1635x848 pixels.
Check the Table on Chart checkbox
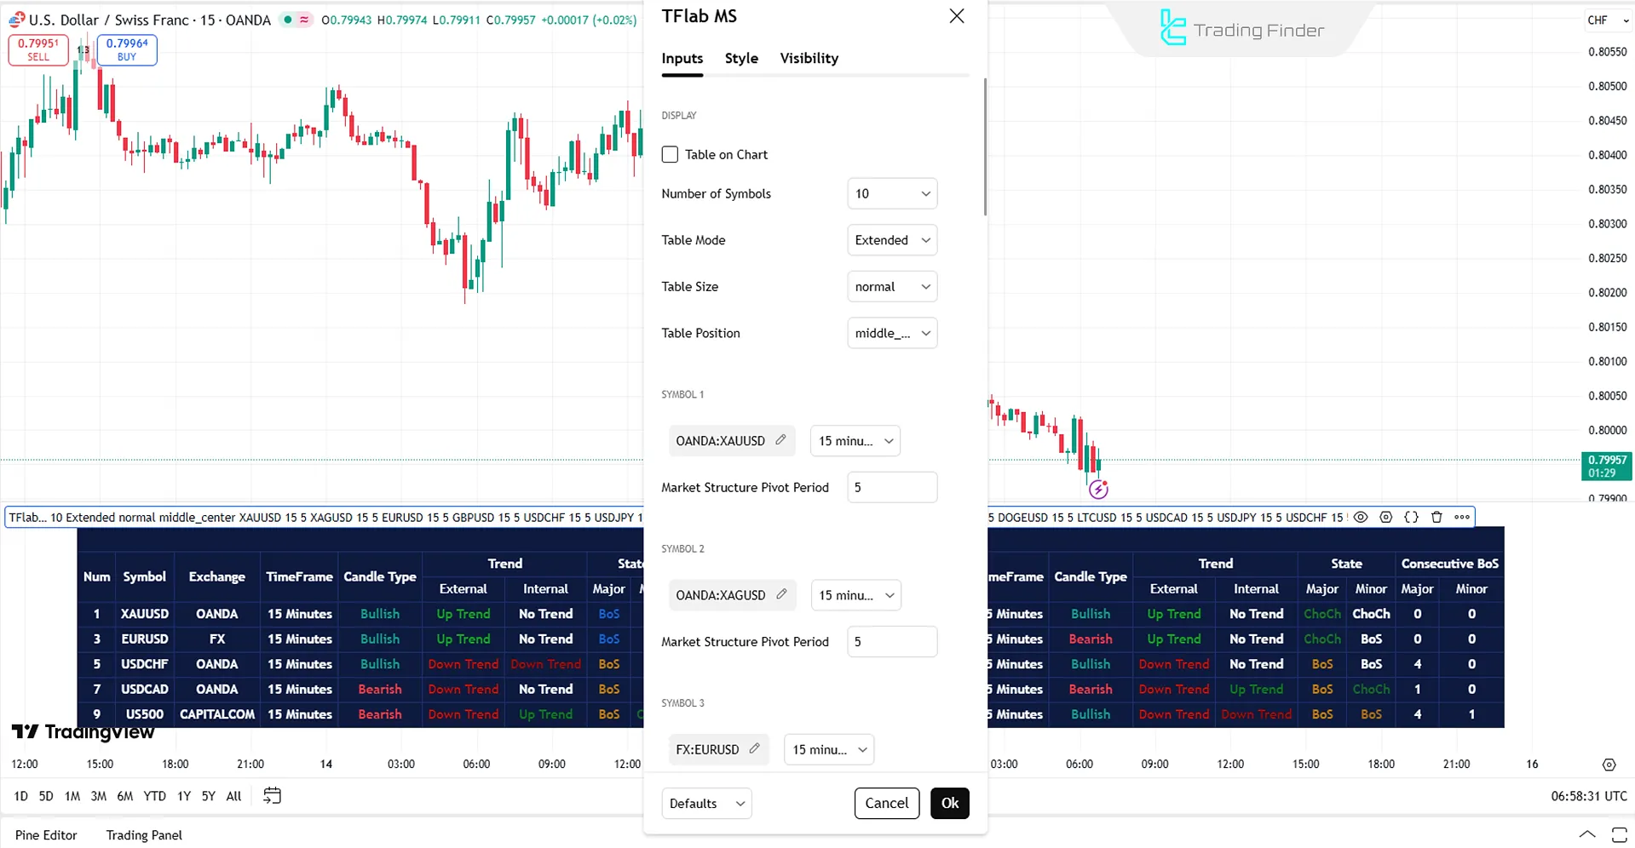click(670, 154)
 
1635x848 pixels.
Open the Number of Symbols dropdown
click(892, 194)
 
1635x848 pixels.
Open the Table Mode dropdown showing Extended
click(892, 240)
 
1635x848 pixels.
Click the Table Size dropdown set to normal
click(892, 287)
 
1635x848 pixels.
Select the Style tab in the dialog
click(741, 58)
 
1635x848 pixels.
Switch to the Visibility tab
click(809, 58)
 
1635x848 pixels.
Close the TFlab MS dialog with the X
click(957, 16)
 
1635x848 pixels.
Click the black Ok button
click(949, 803)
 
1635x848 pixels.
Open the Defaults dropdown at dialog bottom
click(706, 803)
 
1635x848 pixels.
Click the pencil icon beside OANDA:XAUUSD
click(780, 440)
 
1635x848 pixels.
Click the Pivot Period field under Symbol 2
click(892, 642)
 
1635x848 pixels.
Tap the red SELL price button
click(38, 50)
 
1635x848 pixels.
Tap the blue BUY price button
click(127, 50)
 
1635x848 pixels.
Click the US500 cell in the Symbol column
click(145, 714)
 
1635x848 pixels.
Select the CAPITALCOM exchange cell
click(217, 714)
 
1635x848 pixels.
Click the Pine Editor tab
click(46, 835)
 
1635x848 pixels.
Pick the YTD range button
click(154, 796)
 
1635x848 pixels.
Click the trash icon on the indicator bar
click(1436, 517)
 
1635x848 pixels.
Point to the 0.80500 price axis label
click(1607, 86)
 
